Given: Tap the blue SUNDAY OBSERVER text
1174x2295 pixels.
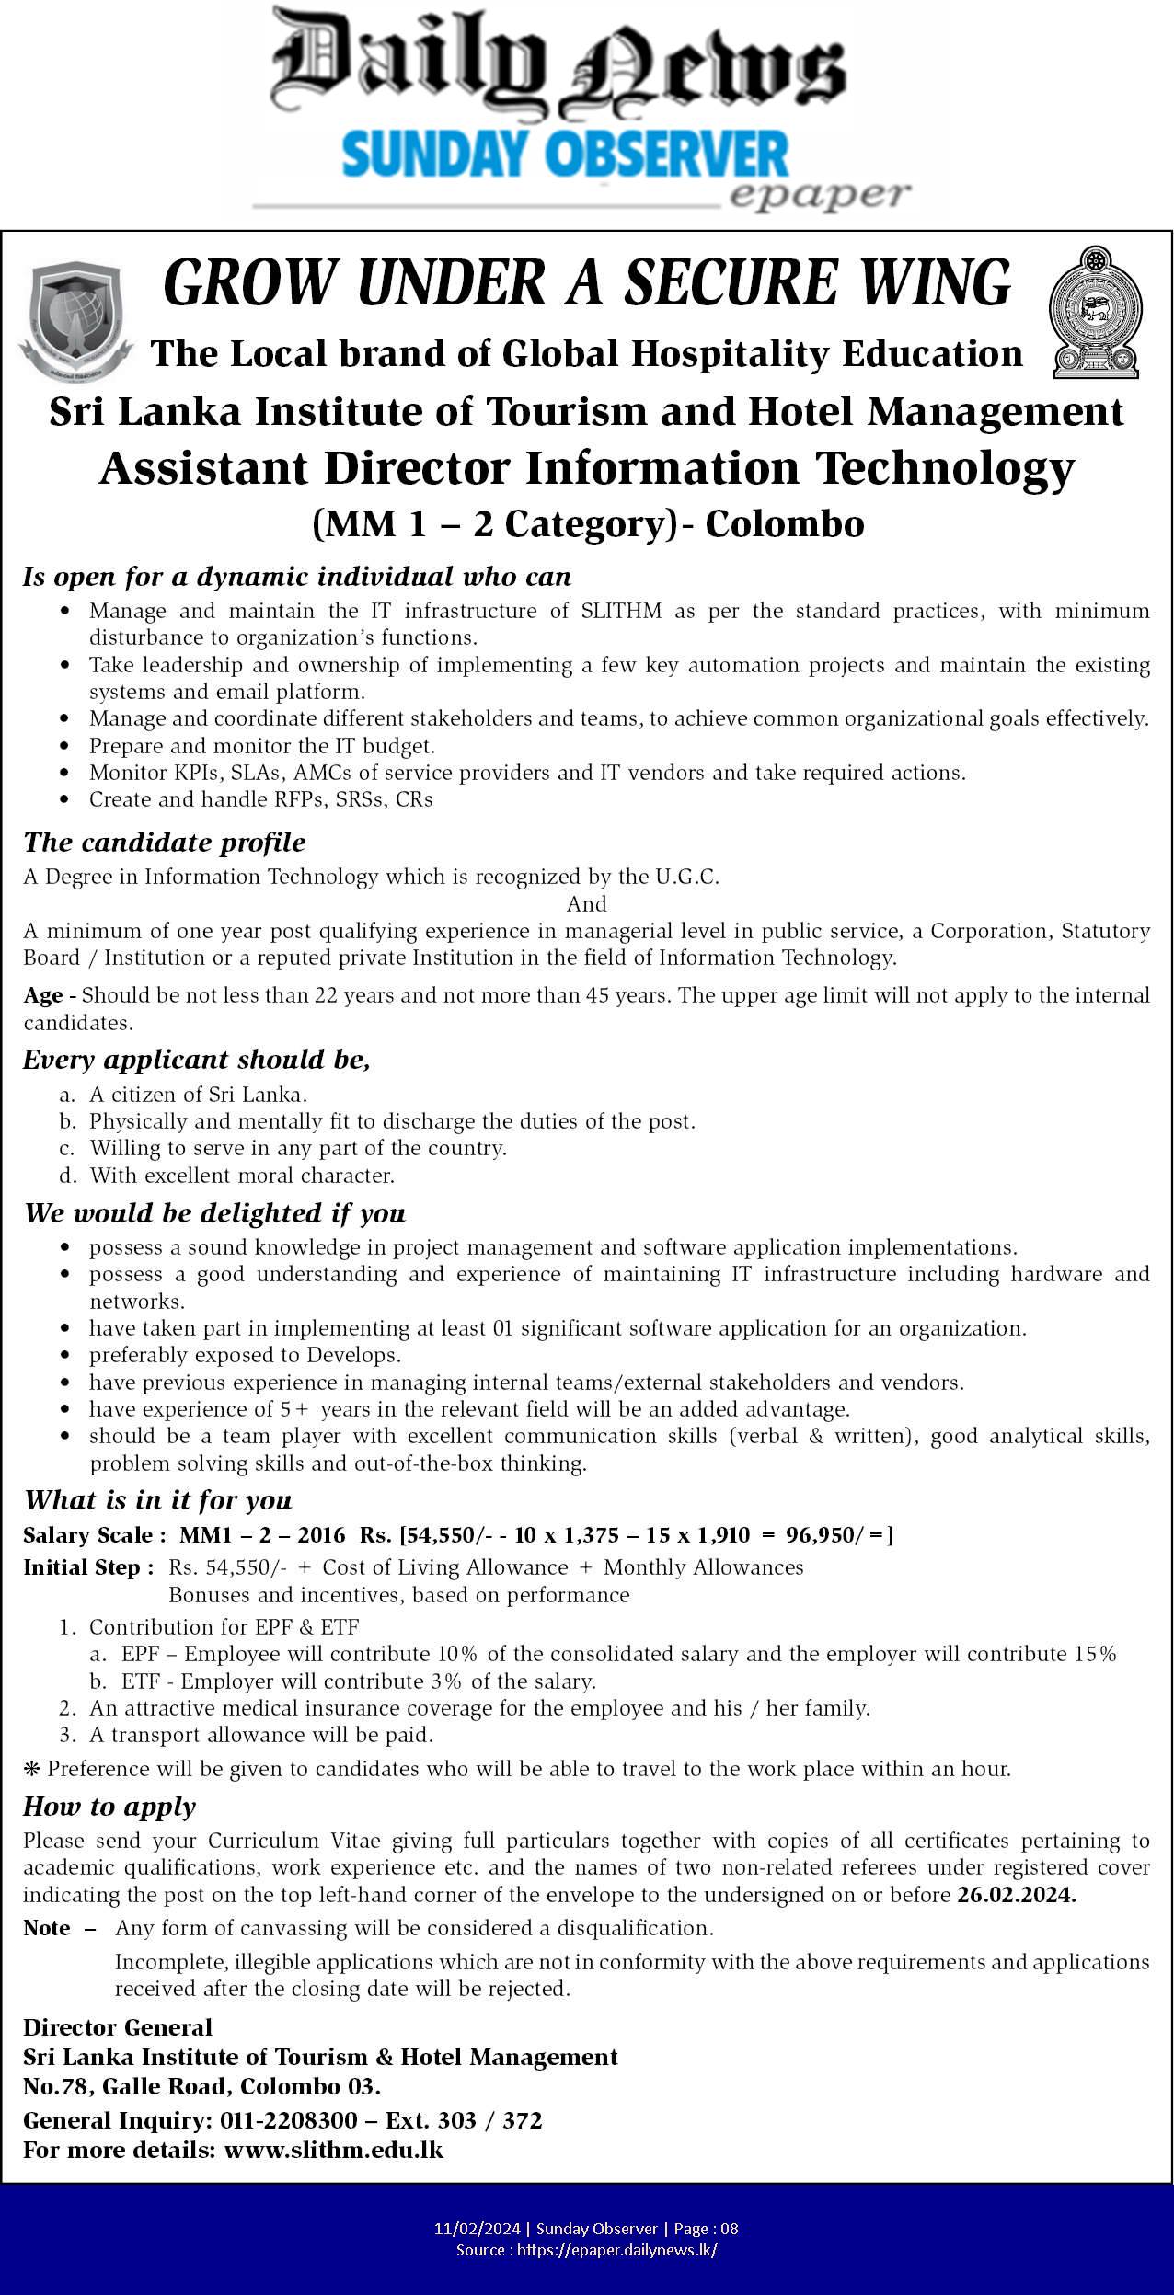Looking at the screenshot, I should tap(565, 154).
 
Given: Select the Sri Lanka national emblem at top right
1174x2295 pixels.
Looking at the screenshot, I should tap(1095, 313).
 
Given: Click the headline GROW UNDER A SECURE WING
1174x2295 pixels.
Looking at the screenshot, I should tap(586, 283).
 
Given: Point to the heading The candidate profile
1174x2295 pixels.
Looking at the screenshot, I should tap(165, 843).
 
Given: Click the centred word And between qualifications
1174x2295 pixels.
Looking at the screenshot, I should tap(586, 903).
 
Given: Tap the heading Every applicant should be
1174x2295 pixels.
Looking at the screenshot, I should tap(197, 1060).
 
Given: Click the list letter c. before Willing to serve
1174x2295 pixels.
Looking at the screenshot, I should tap(66, 1148).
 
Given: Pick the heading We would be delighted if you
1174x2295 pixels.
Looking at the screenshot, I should tap(214, 1213).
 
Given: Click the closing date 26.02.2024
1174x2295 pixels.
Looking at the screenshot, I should tap(1016, 1895).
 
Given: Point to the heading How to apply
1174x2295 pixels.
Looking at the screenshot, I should tap(109, 1807).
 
